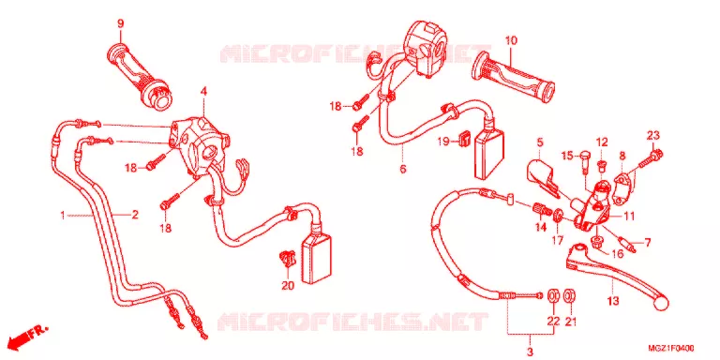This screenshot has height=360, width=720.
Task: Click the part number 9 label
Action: coord(120,23)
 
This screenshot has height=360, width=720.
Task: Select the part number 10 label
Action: coord(511,40)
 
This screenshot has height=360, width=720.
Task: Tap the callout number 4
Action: coord(203,92)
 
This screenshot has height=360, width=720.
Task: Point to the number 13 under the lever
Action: coord(613,301)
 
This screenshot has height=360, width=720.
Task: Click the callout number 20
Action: coord(288,286)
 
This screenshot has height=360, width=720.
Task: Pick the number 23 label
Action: coord(652,135)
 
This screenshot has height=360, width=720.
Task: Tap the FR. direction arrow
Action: coord(28,337)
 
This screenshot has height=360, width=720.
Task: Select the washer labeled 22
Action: coord(554,296)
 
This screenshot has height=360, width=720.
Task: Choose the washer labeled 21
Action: coord(570,296)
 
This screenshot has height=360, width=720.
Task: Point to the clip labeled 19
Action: coord(464,138)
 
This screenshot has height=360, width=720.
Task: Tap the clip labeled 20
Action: coord(287,260)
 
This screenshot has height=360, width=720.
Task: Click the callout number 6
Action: coord(403,169)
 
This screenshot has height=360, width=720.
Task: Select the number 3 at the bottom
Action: coord(530,352)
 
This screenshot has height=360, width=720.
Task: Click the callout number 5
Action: coord(539,142)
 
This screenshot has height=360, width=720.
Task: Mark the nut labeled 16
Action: coord(597,242)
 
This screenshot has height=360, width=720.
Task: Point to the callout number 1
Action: coord(63,215)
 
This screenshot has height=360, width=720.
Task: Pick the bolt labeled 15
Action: coord(585,159)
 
